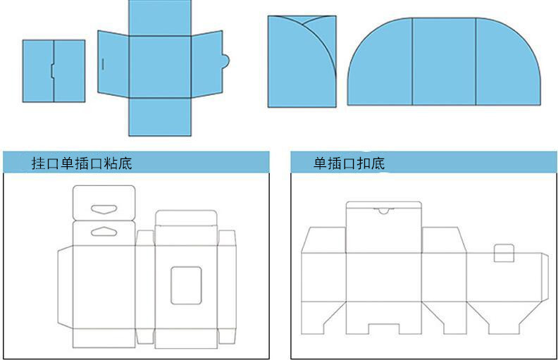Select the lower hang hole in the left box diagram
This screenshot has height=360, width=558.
point(104,231)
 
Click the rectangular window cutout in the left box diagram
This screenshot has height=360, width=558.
point(186,285)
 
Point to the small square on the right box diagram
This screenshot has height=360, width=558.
point(503,253)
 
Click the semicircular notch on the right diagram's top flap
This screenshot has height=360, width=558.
point(383,210)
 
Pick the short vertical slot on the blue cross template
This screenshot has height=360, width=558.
point(103,64)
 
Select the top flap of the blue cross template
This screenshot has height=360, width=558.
point(160,18)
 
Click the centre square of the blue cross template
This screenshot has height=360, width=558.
point(160,65)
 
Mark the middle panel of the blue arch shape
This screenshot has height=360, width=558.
point(443,62)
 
